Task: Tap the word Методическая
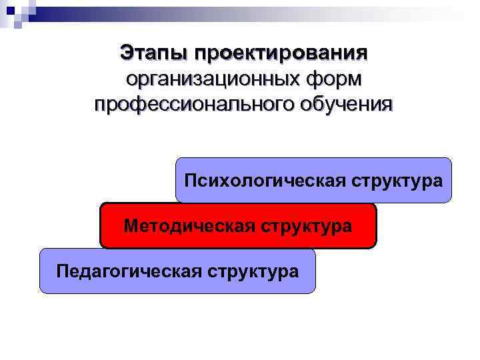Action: coord(179,226)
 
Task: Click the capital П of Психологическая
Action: coord(191,181)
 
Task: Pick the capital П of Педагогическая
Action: coord(63,271)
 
